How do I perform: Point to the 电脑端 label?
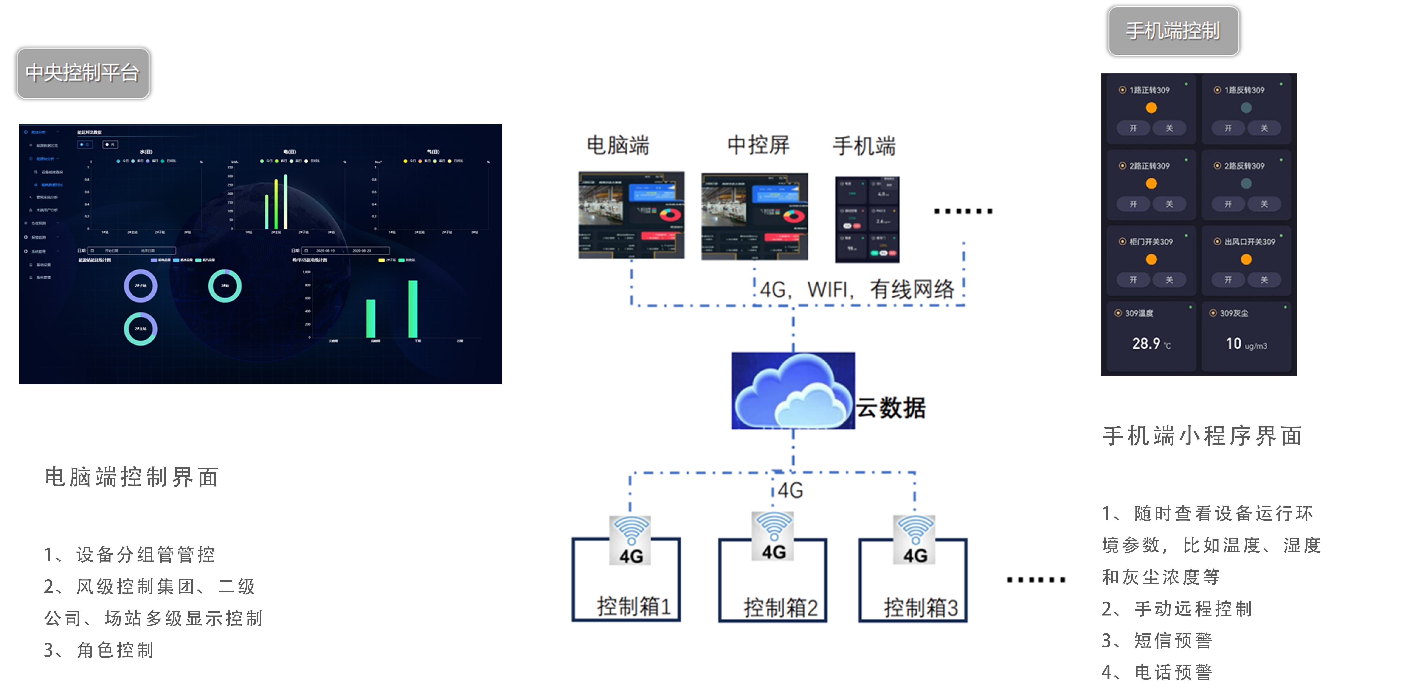[x=618, y=146]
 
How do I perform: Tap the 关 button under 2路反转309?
[x=1264, y=204]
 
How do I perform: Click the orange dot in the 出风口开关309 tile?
[x=1246, y=259]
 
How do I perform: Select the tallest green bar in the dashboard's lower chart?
[x=413, y=309]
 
